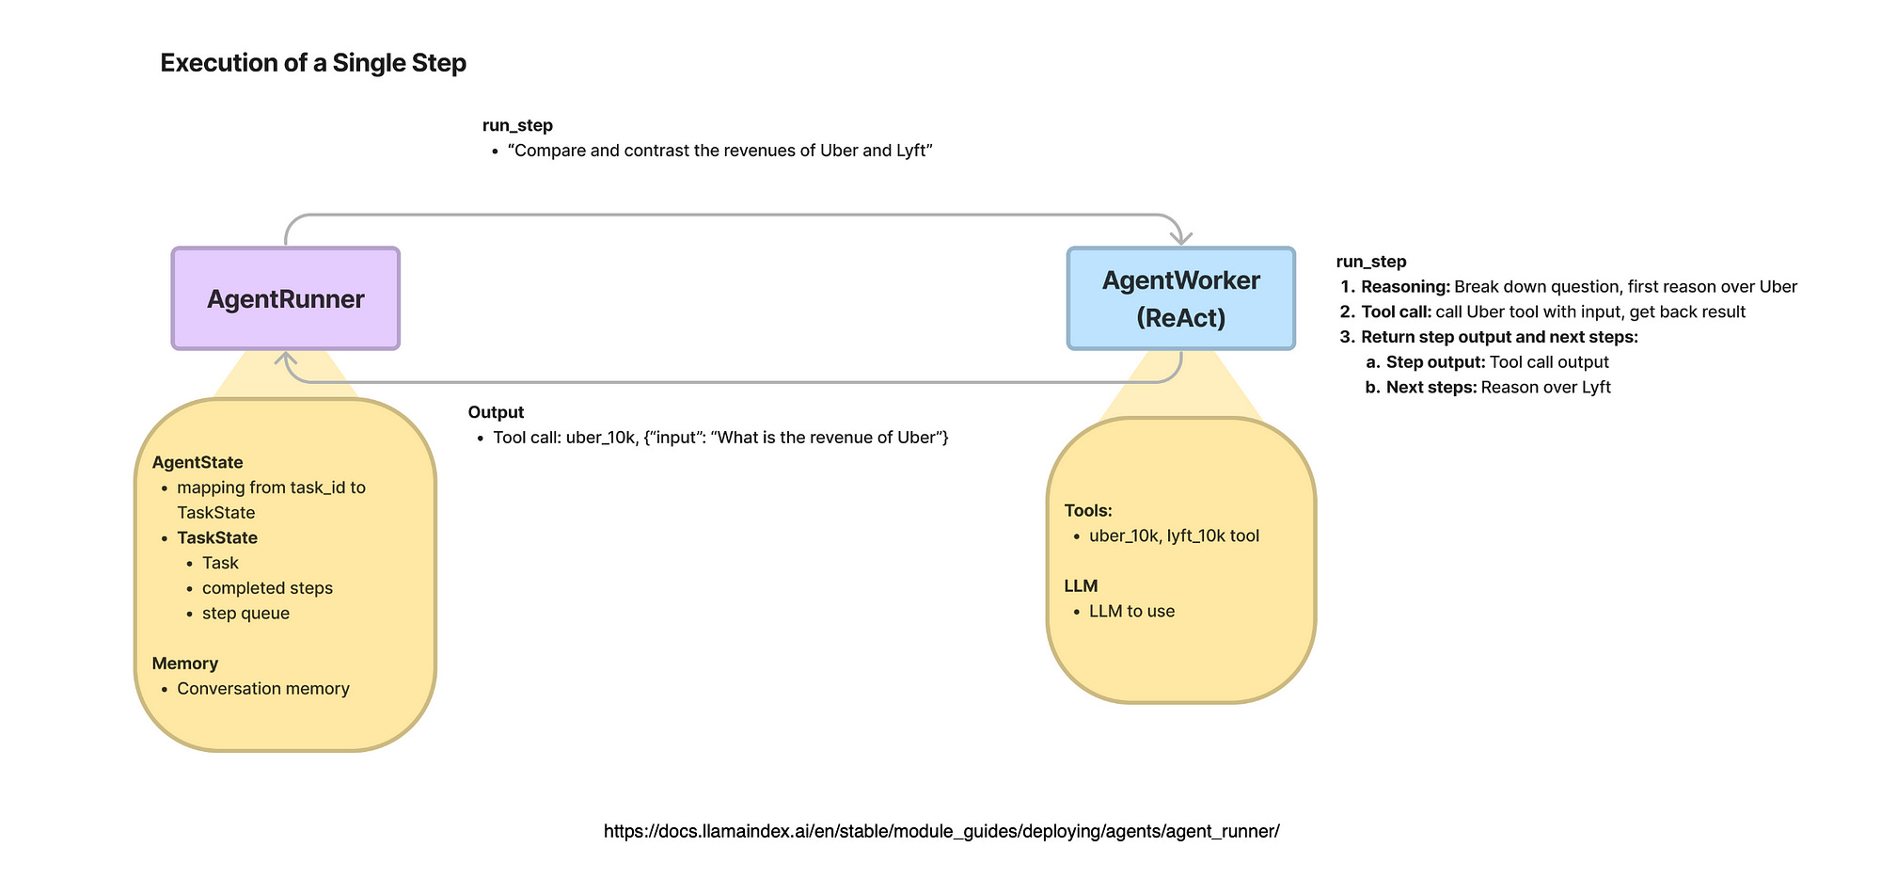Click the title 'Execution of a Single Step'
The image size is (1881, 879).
tap(313, 63)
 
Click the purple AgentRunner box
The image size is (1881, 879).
tap(286, 299)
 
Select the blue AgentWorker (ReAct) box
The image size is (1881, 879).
tap(1180, 298)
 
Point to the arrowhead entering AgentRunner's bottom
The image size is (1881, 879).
tap(286, 360)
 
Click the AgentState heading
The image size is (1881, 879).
tap(198, 462)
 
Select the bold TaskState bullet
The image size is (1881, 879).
tap(217, 537)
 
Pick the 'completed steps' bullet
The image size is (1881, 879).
tap(267, 588)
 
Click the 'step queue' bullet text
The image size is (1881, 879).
tap(245, 614)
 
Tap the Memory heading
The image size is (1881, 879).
tap(185, 663)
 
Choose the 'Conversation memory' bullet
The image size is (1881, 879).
tap(263, 689)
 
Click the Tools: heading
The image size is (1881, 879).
tap(1088, 510)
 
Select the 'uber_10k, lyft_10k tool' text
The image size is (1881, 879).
tap(1174, 535)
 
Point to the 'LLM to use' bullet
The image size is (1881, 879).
tap(1131, 611)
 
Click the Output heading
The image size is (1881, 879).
tap(496, 412)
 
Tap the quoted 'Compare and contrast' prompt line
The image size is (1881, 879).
tap(719, 151)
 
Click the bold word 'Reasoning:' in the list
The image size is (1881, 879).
tap(1405, 287)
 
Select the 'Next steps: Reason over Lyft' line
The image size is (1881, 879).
tap(1498, 388)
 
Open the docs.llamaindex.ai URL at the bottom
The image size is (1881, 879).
tap(941, 831)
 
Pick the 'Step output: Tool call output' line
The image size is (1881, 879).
tap(1497, 362)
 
